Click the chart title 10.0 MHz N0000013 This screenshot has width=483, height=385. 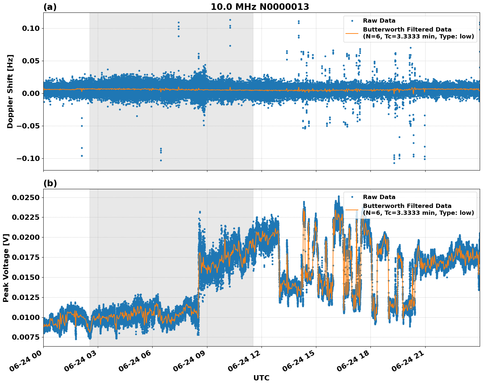tap(260, 7)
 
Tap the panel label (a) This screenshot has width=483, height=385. tap(50, 7)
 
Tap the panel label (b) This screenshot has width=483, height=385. tap(50, 183)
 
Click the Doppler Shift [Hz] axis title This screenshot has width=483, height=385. tap(10, 91)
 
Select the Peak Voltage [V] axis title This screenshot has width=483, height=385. tap(6, 268)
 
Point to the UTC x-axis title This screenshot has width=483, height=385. tap(261, 378)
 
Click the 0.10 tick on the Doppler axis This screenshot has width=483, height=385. tap(31, 28)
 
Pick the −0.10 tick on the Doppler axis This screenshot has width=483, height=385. tap(28, 158)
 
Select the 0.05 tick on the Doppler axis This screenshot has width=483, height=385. tap(31, 61)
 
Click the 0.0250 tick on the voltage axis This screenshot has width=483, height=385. tap(26, 197)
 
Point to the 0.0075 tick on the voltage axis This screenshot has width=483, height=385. tap(26, 337)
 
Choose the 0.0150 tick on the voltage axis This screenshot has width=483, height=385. tap(26, 277)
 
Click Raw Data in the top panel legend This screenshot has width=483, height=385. tap(379, 21)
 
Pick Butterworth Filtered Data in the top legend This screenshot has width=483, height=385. tap(407, 30)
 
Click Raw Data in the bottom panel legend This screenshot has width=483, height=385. tap(379, 197)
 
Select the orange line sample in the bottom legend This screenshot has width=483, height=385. tap(352, 210)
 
